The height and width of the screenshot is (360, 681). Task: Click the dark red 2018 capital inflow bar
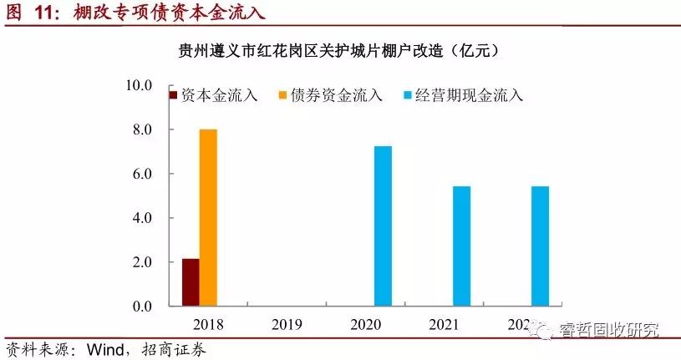(191, 282)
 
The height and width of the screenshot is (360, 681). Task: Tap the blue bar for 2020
(383, 226)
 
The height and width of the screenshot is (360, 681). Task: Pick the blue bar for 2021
(462, 246)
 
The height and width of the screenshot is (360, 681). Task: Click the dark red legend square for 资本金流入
(174, 95)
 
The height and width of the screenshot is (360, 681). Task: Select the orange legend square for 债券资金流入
(283, 95)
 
